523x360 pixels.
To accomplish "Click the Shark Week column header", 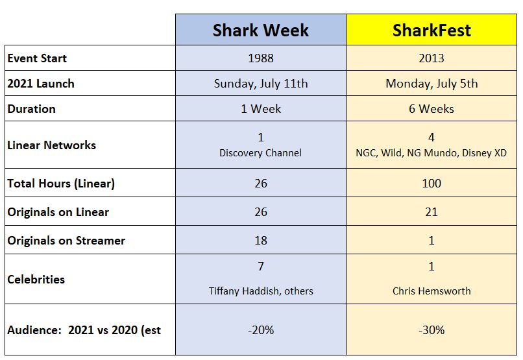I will point(260,30).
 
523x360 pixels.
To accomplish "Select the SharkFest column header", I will point(432,30).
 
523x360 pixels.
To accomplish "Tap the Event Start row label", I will point(37,58).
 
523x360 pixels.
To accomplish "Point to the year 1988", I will point(260,58).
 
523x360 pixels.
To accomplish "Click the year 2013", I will point(432,58).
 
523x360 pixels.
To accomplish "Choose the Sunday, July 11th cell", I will point(260,84).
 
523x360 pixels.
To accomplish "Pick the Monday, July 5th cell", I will point(432,84).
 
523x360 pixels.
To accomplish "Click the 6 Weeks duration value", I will point(432,109).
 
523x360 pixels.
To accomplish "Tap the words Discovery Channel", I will point(260,154).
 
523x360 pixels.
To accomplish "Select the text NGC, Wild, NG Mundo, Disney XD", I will point(432,154).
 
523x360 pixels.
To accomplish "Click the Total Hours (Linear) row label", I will point(61,184).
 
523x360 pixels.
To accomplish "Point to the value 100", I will point(432,184).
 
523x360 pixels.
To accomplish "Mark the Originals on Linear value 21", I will point(432,212).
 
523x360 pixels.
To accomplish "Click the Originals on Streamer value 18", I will point(260,241).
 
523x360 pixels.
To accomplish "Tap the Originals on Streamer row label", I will point(66,241).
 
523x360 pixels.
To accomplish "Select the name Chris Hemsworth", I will point(432,291).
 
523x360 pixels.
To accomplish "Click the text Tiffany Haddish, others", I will point(260,291).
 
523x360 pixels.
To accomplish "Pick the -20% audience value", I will point(260,330).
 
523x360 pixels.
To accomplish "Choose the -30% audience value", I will point(432,330).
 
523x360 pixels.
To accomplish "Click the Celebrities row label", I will point(36,280).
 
